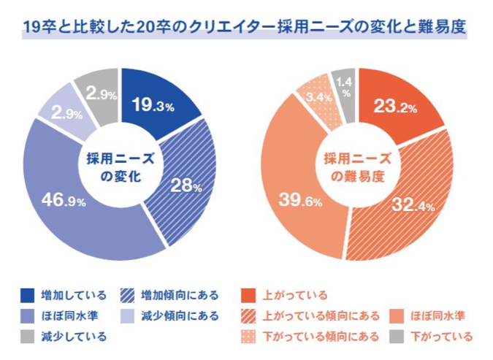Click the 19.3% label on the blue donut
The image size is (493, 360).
pos(152,106)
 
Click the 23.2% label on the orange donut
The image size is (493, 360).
pos(394,107)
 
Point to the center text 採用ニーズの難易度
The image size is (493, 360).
pos(357,167)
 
